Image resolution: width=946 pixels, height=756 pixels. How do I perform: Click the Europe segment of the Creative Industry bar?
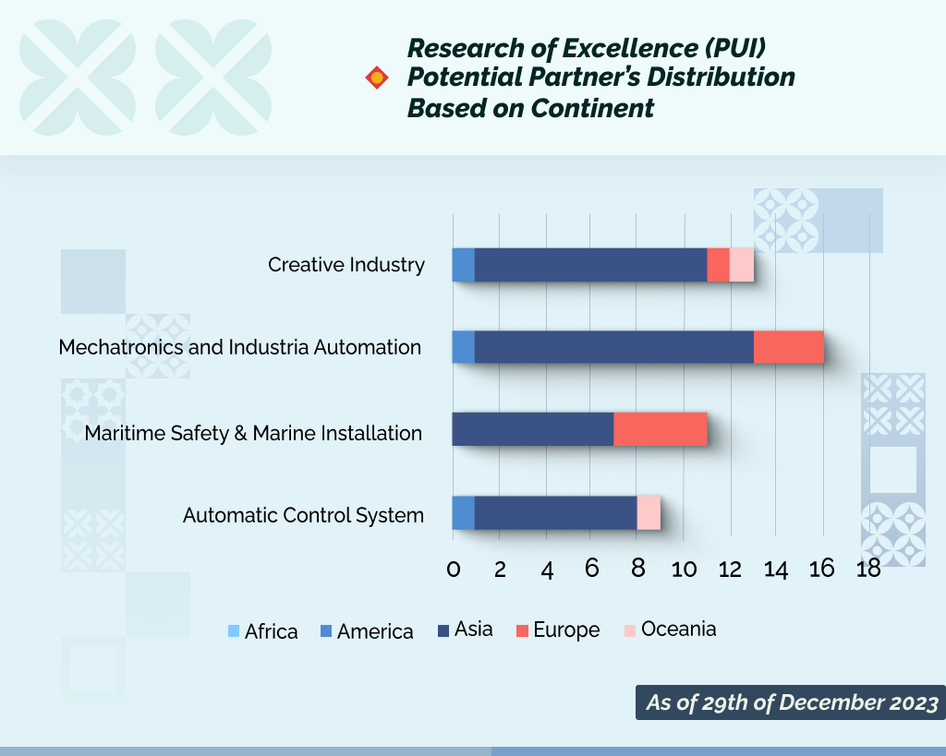point(718,265)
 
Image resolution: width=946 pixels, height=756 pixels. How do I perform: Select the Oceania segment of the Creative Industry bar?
point(742,265)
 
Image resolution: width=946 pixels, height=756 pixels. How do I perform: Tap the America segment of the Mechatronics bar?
point(463,347)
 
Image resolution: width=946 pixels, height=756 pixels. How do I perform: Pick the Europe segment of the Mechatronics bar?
point(788,347)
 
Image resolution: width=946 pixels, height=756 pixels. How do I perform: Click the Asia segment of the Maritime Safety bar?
point(533,429)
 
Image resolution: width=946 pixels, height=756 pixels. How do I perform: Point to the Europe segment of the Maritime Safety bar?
point(661,429)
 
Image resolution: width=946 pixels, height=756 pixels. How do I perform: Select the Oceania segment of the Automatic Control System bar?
point(649,512)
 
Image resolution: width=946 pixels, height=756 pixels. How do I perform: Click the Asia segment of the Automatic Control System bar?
point(555,512)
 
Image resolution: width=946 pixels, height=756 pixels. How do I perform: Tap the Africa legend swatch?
point(233,631)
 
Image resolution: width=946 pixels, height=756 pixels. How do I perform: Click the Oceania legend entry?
point(669,630)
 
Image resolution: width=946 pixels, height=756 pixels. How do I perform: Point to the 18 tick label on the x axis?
point(868,569)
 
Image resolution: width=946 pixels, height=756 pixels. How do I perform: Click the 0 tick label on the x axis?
point(454,569)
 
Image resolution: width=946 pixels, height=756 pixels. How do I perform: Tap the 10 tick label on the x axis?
point(684,569)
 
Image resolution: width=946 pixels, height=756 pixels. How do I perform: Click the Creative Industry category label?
point(346,265)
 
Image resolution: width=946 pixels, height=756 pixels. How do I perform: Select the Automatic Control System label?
point(303,515)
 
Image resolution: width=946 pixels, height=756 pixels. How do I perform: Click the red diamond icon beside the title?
point(377,78)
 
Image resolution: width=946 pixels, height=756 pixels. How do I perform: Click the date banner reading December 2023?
point(791,702)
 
